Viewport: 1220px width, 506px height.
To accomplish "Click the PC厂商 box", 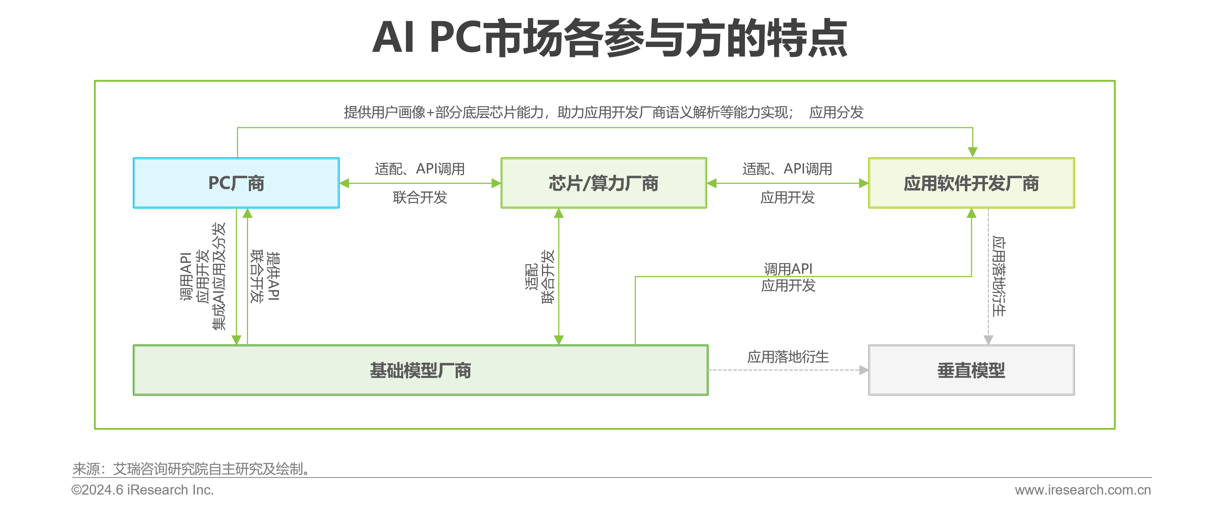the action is (236, 183).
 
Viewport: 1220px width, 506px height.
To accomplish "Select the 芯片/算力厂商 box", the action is (604, 183).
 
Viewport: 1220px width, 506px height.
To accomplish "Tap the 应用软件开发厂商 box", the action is (971, 183).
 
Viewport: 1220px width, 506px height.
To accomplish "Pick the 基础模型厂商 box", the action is (421, 370).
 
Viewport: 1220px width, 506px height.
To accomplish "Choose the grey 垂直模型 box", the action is (971, 370).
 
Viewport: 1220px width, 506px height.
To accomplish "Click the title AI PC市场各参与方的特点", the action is (610, 38).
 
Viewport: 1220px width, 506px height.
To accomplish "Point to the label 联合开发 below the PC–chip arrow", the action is (420, 197).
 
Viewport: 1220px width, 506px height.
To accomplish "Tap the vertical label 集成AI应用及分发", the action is (219, 276).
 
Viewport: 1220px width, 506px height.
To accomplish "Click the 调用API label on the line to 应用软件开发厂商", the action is (788, 269).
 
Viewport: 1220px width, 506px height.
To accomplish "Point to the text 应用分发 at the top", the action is (836, 112).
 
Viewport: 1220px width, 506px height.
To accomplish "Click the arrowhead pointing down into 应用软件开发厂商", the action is (972, 152).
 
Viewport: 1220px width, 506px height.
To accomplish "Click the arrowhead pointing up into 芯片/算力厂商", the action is (559, 214).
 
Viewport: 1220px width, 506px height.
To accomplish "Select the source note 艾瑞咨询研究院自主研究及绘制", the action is (212, 469).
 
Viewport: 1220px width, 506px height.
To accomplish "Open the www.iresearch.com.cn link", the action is (1082, 489).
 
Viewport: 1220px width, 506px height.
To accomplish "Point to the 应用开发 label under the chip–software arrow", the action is (787, 197).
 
